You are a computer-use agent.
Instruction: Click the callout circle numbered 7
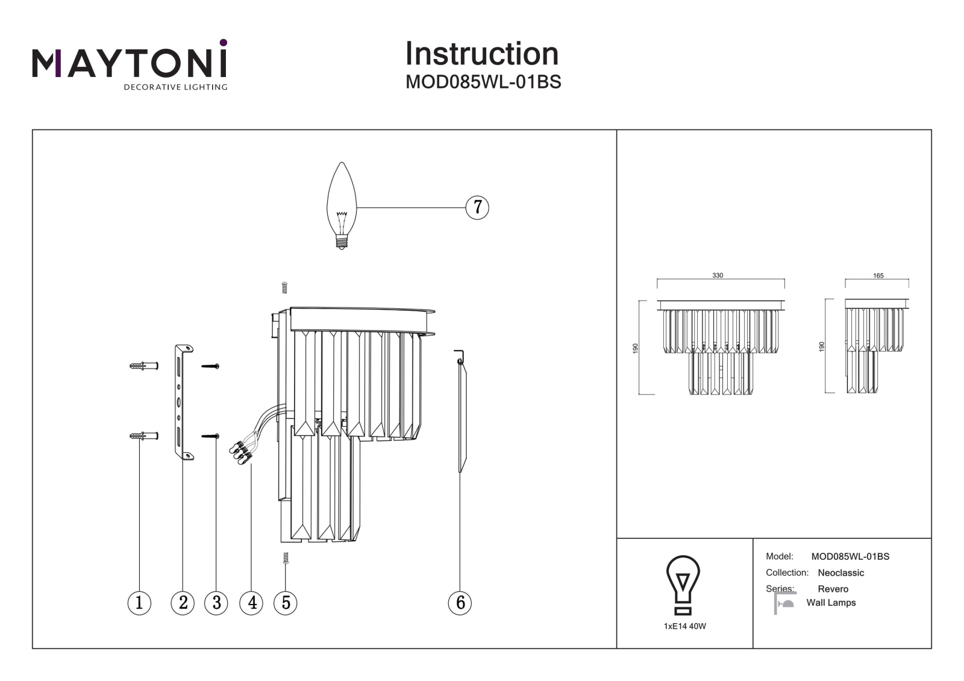[477, 207]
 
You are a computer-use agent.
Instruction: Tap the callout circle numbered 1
[139, 603]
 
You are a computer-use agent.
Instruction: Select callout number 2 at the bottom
[183, 603]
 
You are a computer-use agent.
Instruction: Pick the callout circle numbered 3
[216, 603]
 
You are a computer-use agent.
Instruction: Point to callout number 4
[251, 603]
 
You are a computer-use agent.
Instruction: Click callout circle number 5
[286, 603]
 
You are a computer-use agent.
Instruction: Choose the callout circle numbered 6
[460, 603]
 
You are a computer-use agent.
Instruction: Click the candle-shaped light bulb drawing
[342, 206]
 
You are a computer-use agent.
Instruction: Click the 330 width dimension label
[718, 275]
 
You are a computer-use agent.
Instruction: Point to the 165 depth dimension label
[878, 275]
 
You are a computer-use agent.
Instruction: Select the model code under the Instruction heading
[483, 82]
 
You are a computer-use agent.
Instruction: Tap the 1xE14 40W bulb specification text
[684, 626]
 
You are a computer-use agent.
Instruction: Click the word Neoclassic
[840, 573]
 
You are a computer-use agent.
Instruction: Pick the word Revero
[833, 589]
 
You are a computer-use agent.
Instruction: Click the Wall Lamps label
[831, 603]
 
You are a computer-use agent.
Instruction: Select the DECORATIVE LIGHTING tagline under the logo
[175, 87]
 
